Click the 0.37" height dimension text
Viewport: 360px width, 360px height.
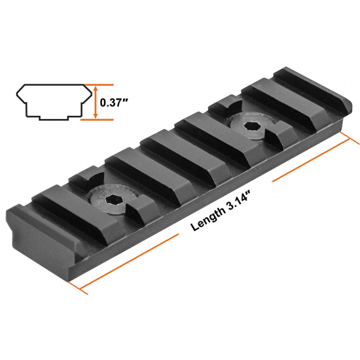point(114,102)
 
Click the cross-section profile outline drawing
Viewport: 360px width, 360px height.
point(54,102)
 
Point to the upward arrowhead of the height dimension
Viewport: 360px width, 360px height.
point(96,88)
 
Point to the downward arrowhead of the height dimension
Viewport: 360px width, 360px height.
point(96,115)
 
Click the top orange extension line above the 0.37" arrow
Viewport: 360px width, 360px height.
point(99,84)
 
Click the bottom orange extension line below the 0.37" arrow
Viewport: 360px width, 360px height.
point(97,120)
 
